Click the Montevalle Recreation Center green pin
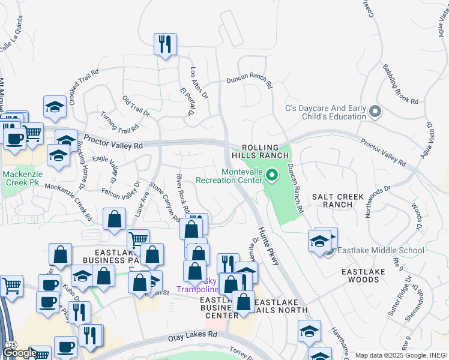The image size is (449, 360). click(x=272, y=176)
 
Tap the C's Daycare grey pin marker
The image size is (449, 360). click(x=376, y=112)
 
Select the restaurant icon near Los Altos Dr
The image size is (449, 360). click(x=164, y=44)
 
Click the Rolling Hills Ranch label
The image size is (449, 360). click(x=261, y=152)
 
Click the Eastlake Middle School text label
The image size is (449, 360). click(x=381, y=250)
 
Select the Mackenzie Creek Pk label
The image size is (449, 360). click(x=23, y=179)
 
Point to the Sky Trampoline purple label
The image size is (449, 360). click(x=202, y=285)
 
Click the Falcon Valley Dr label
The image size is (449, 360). click(x=120, y=189)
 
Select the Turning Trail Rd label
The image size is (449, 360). click(x=119, y=121)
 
